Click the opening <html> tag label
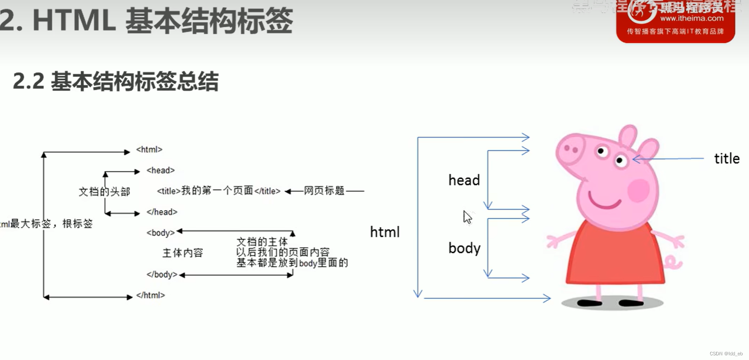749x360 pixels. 149,150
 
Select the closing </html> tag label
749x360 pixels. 150,295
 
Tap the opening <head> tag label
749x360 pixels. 161,170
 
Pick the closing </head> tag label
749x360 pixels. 162,212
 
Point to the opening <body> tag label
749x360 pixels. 161,233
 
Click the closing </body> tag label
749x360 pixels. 162,275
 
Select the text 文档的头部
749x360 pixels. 104,192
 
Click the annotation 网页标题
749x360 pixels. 324,191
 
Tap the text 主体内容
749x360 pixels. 183,253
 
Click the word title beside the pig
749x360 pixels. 727,159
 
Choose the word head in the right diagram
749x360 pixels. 464,181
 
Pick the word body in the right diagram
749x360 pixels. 464,248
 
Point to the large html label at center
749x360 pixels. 385,232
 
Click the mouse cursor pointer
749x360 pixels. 467,217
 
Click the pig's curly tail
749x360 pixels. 673,262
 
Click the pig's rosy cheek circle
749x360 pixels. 638,190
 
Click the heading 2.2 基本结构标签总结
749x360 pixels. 116,81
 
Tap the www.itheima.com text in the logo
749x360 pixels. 692,18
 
